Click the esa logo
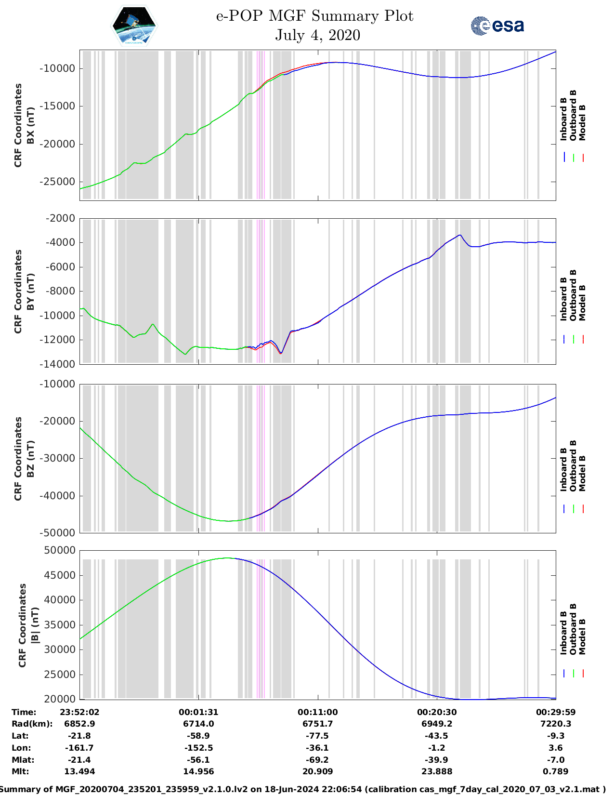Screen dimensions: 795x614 tap(497, 26)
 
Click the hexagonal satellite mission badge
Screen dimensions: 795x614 tap(134, 26)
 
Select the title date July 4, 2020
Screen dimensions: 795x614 tap(317, 35)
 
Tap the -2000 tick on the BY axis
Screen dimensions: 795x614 tap(60, 218)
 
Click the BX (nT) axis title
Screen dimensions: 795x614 tap(30, 125)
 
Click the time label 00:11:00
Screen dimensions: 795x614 tap(317, 712)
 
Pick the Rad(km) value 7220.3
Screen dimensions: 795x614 tap(555, 724)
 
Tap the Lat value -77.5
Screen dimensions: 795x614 tap(317, 736)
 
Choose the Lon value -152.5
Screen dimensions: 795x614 tap(198, 748)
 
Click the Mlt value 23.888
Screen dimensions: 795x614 tap(436, 771)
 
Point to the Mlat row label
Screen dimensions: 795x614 tap(20, 760)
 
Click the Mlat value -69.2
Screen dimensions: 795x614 tap(317, 760)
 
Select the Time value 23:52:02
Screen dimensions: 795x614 tap(79, 712)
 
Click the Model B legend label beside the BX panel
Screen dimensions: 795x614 tap(582, 122)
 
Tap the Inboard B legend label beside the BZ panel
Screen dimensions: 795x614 tap(564, 470)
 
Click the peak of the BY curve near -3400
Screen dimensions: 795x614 tap(460, 235)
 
